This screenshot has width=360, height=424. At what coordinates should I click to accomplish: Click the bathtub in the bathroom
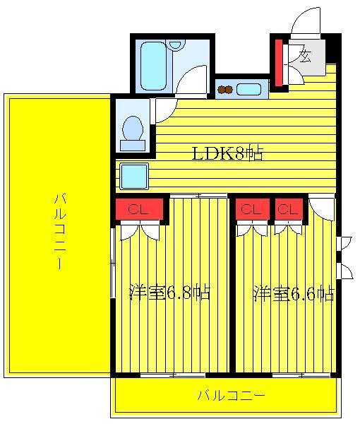coord(153,66)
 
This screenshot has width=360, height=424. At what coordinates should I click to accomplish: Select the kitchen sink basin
coord(248,89)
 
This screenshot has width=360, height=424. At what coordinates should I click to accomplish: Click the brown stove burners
coord(225,89)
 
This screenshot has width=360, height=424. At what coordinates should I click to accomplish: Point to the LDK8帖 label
coord(227,153)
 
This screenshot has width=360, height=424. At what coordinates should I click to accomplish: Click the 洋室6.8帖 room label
coord(170,292)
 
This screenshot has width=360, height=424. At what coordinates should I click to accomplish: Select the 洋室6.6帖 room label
coord(294,293)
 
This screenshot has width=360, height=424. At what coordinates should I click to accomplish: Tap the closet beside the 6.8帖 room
coord(139,209)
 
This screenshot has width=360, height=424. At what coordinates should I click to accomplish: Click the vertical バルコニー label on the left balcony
coord(60,232)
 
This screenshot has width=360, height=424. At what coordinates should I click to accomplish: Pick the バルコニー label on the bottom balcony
coord(232,396)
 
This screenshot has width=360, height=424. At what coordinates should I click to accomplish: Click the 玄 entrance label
coord(306,56)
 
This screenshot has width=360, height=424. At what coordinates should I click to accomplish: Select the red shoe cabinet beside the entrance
coord(279,62)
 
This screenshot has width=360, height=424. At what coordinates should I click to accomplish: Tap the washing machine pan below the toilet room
coord(134,176)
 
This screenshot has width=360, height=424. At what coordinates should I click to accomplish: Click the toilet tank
coord(133,146)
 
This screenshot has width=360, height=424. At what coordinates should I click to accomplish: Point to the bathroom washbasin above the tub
coord(175,45)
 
